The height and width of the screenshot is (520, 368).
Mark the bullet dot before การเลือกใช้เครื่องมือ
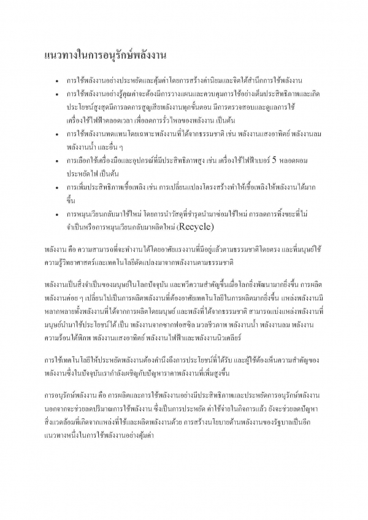(x=57, y=162)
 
